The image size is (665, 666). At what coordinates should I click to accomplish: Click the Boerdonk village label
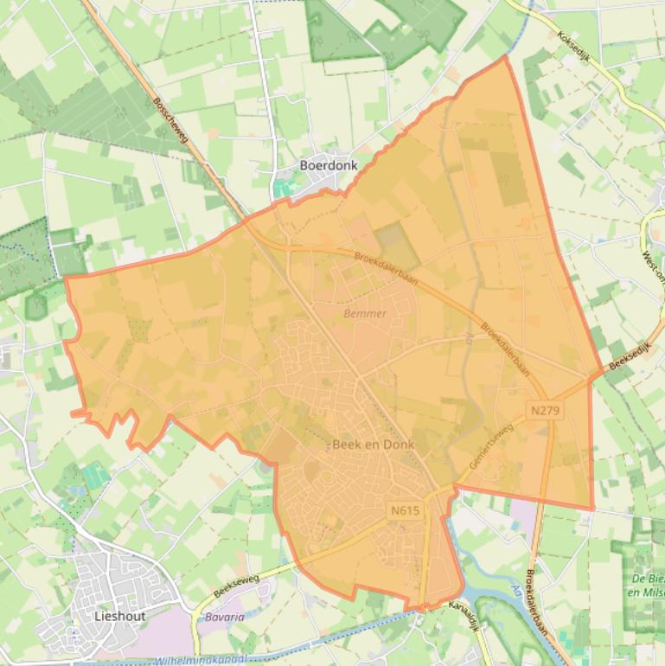tap(328, 165)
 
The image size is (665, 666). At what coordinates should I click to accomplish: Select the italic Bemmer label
tap(365, 313)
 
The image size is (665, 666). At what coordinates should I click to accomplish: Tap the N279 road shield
tap(545, 410)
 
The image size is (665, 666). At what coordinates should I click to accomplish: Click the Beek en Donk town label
tap(374, 445)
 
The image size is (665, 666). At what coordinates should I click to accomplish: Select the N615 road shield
tap(405, 510)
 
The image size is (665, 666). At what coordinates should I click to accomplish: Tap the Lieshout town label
tap(119, 617)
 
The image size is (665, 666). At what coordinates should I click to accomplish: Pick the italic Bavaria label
tap(224, 618)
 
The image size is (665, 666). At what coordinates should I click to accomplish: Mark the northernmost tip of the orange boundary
tap(506, 56)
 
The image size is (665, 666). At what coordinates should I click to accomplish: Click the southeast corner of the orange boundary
tap(593, 509)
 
